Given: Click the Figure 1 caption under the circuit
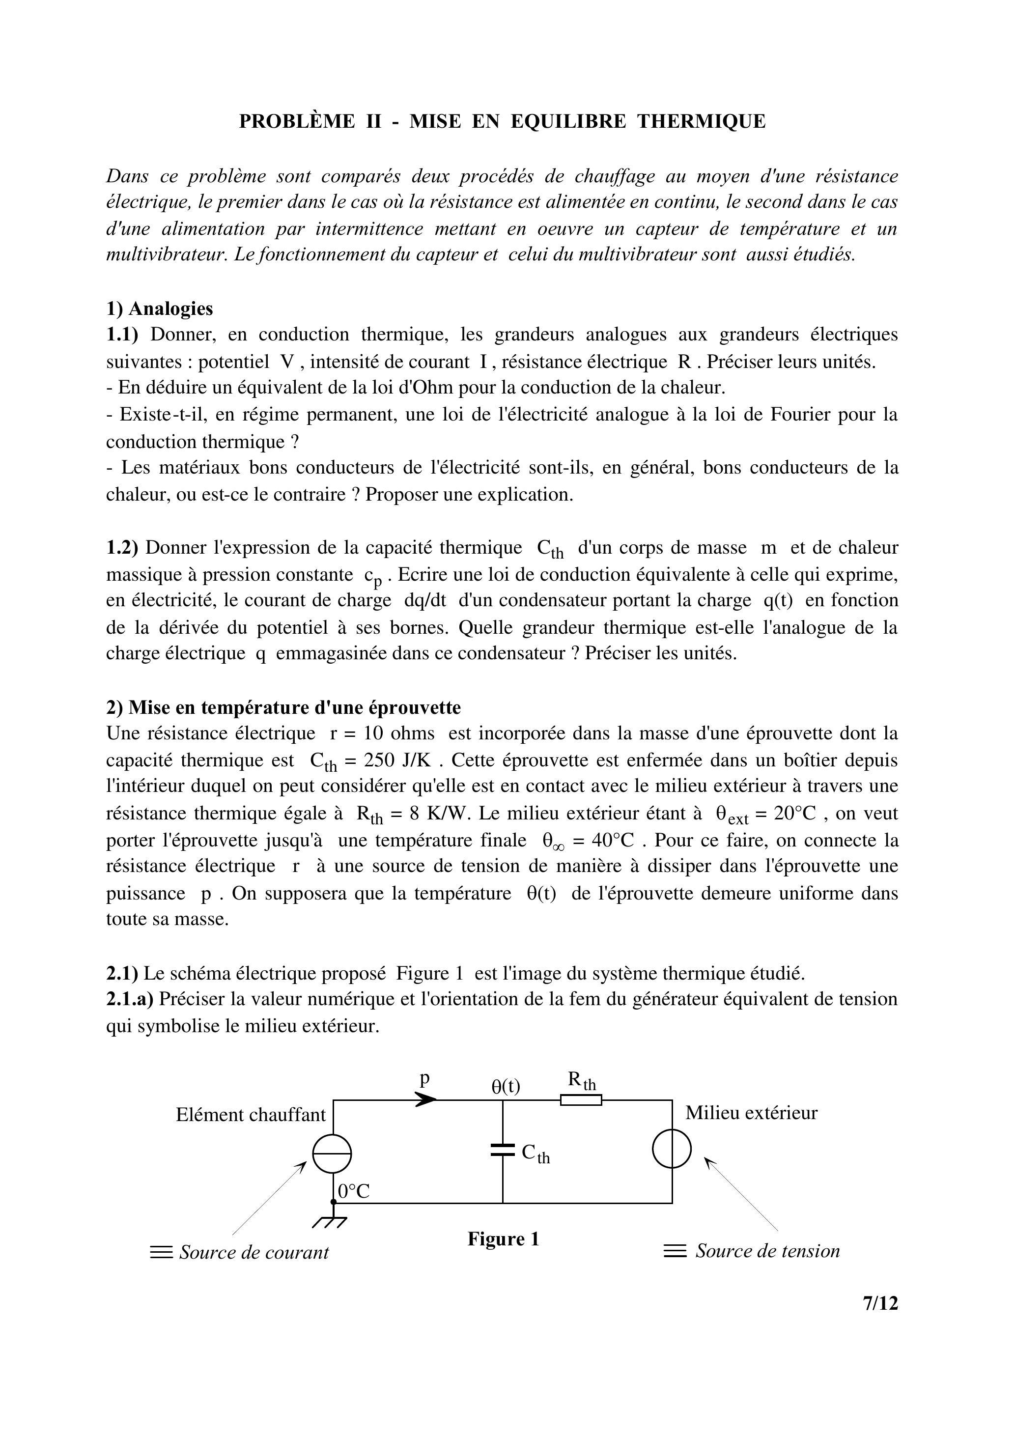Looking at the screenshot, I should (503, 1239).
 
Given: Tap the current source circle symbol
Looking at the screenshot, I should (332, 1154).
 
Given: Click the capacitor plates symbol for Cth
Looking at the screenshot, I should (503, 1150).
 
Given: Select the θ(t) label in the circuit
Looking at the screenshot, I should (505, 1086).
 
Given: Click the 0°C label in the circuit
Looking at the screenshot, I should (354, 1191).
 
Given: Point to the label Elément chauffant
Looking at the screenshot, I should (251, 1114).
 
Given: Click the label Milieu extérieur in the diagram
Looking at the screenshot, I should (751, 1113).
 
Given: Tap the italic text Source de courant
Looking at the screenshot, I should (254, 1253).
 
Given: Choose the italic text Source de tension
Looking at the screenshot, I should (767, 1251).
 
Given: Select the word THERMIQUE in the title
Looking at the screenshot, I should (701, 121).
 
